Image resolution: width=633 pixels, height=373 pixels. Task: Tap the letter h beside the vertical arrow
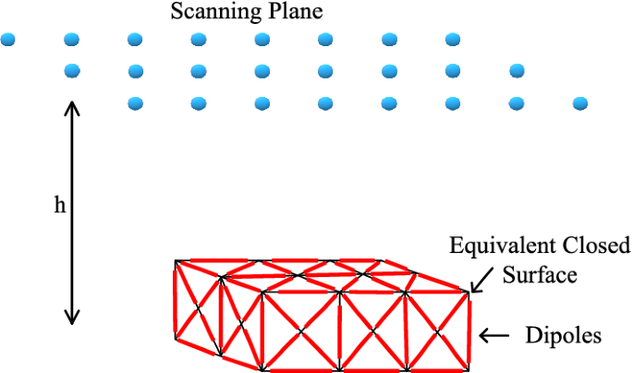[59, 206]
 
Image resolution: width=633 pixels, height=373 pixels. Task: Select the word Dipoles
[563, 336]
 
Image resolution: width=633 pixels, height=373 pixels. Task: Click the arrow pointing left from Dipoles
[496, 336]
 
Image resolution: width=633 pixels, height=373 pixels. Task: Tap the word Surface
[539, 274]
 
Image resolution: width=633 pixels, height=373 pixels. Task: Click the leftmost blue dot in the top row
[8, 40]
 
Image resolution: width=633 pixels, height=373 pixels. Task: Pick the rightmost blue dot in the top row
[452, 40]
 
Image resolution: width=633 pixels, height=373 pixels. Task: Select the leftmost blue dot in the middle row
[72, 71]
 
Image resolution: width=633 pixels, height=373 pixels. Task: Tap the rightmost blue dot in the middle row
[517, 71]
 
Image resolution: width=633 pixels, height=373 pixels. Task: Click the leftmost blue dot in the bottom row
[136, 102]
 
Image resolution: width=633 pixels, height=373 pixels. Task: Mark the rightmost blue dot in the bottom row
[580, 102]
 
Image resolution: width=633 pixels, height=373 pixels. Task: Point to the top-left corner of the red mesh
[177, 262]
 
